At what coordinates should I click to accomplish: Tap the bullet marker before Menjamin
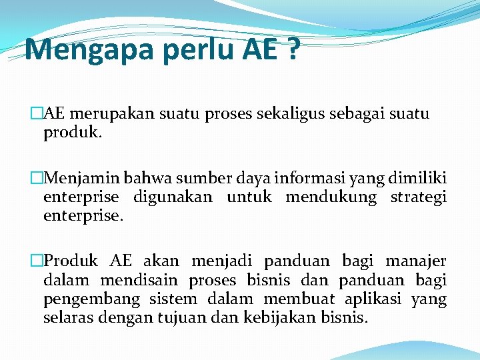(x=37, y=178)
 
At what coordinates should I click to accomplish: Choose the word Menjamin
(x=80, y=178)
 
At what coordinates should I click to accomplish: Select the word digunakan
(x=173, y=197)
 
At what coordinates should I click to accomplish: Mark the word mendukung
(x=331, y=198)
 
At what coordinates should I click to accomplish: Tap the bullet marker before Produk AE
(x=37, y=261)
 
